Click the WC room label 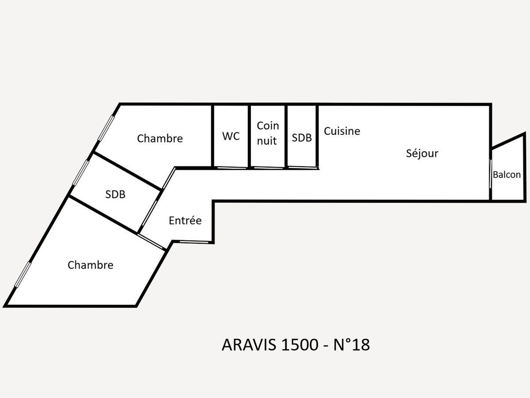click(231, 136)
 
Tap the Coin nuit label click(268, 133)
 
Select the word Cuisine click(342, 131)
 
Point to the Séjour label click(422, 153)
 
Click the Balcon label click(507, 175)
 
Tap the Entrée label click(185, 220)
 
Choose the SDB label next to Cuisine click(302, 138)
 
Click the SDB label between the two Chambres click(115, 195)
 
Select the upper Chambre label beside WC click(160, 138)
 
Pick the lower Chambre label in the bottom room click(91, 265)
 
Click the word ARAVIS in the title click(249, 345)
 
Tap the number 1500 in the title click(299, 345)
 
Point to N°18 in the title click(352, 345)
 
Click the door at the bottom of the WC click(232, 168)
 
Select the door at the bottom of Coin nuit click(268, 168)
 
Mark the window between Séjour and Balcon click(490, 173)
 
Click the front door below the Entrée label click(194, 241)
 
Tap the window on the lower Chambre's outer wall click(23, 275)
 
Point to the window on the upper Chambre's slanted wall click(106, 128)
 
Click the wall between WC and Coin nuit click(249, 136)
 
